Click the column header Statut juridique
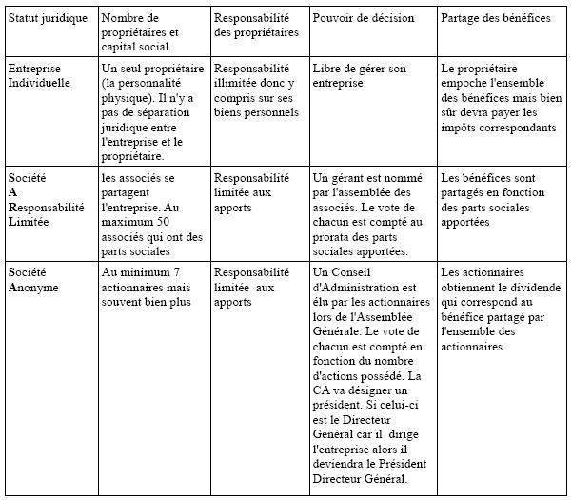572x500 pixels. [48, 18]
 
